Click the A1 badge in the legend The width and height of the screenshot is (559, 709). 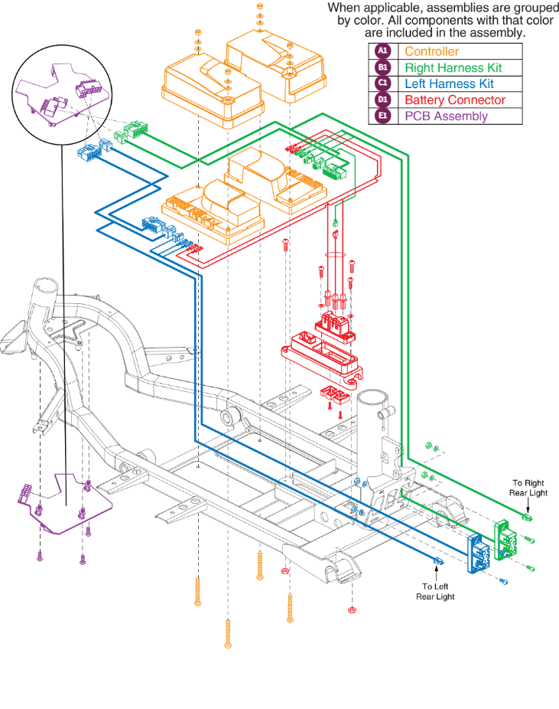point(382,52)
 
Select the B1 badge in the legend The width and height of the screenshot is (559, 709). point(382,68)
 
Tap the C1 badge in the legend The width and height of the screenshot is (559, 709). point(382,84)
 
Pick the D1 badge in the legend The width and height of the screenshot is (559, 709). point(382,100)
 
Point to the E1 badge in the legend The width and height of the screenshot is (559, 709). point(382,116)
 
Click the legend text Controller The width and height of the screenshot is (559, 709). point(432,52)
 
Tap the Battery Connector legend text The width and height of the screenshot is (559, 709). point(455,100)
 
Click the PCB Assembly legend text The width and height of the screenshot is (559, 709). point(447,116)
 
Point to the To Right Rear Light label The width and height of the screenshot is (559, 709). point(531,488)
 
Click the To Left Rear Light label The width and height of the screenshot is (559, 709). point(436,590)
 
